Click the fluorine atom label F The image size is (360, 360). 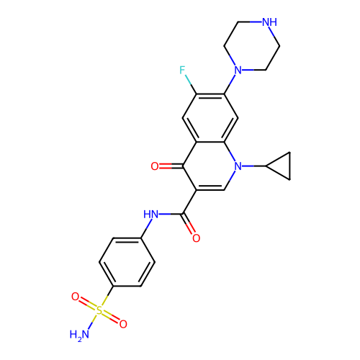[x=182, y=70]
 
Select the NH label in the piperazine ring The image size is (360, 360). [x=269, y=22]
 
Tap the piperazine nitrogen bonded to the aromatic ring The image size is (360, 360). [x=238, y=70]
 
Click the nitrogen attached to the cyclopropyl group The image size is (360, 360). [x=238, y=166]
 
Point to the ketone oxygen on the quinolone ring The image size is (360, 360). [x=155, y=166]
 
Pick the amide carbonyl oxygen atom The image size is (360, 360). [x=196, y=238]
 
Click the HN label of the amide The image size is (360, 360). [x=150, y=214]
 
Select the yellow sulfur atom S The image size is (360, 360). [x=99, y=310]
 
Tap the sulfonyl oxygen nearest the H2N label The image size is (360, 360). [x=123, y=324]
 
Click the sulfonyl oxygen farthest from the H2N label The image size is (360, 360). [x=75, y=297]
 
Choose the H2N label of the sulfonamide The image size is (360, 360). [x=79, y=334]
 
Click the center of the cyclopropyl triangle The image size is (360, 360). [x=282, y=166]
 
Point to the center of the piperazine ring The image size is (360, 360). [x=252, y=46]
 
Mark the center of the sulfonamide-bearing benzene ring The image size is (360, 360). [x=127, y=262]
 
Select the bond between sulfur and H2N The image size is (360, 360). [x=92, y=322]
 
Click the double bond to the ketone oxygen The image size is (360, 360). [x=171, y=166]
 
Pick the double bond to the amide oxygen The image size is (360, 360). [x=189, y=225]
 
